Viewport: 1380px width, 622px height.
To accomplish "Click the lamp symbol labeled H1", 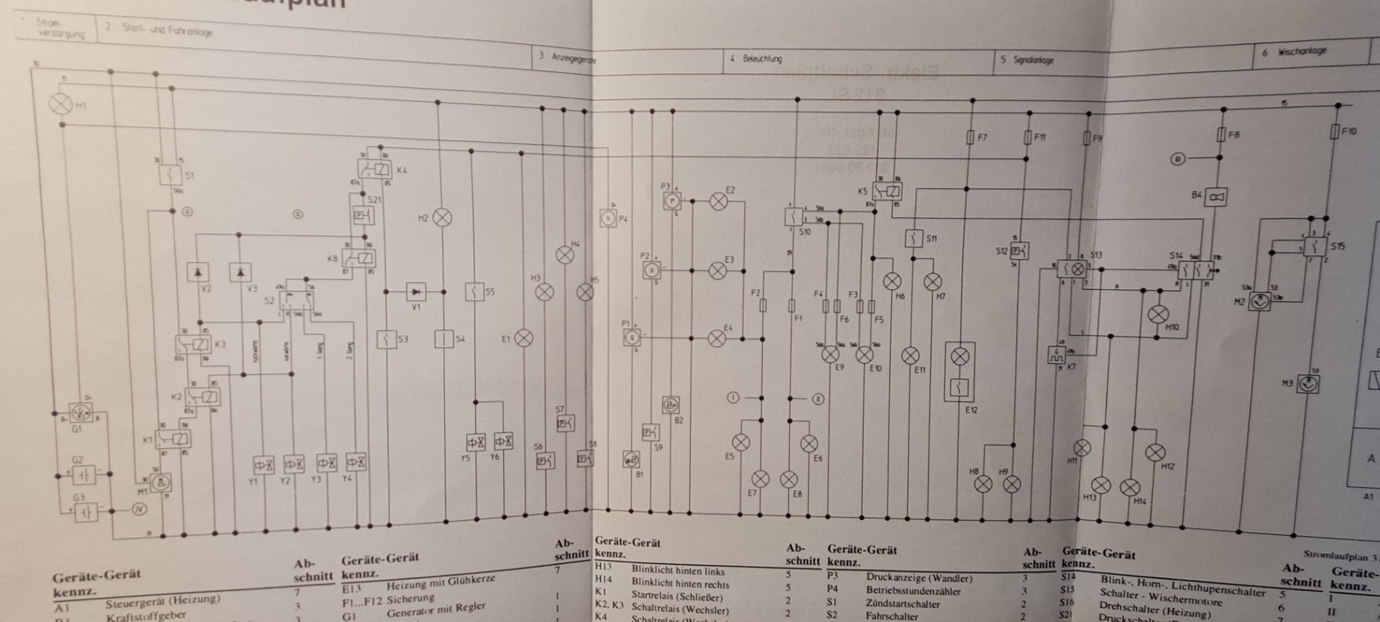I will click(x=59, y=103).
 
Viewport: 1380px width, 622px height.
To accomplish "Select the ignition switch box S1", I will click(x=170, y=174).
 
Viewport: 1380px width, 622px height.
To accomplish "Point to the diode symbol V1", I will click(x=416, y=291).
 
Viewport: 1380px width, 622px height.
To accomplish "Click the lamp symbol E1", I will click(x=525, y=338).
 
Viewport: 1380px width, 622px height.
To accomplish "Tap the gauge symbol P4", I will click(x=608, y=218).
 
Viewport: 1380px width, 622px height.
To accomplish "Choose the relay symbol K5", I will click(x=887, y=192).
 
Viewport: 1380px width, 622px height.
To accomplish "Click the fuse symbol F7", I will click(x=972, y=136).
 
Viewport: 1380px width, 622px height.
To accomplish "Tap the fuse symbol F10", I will click(x=1335, y=132).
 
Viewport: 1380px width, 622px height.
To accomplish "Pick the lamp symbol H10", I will click(x=1157, y=314).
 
